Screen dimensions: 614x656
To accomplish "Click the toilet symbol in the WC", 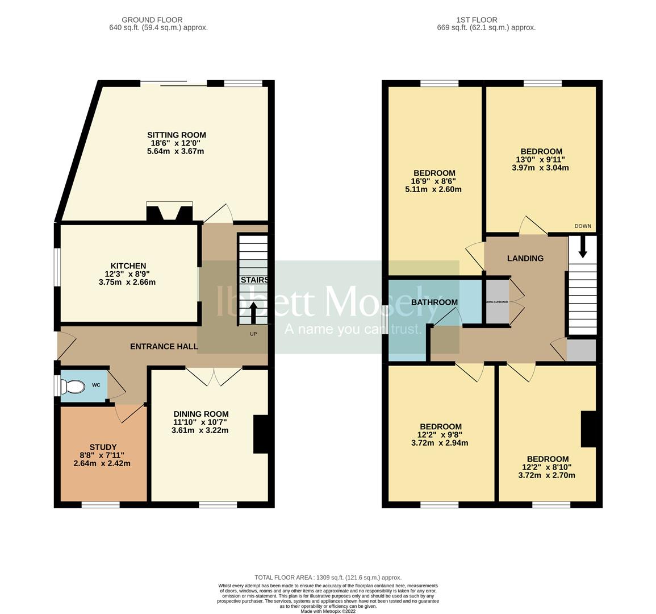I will [x=73, y=387].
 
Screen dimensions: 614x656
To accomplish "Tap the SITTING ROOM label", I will [x=176, y=135].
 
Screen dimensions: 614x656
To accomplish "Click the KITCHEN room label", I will [x=128, y=265].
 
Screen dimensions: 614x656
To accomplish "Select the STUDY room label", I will [x=103, y=447].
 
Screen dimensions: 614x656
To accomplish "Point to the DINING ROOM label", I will [x=201, y=414].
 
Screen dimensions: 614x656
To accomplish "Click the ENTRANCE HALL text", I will [x=164, y=346].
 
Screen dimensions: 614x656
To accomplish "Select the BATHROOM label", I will [x=434, y=302].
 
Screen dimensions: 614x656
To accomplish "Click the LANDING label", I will [x=525, y=258].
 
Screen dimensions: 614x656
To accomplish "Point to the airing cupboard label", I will [x=497, y=302].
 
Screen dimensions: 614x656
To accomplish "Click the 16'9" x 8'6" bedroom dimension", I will [x=433, y=181].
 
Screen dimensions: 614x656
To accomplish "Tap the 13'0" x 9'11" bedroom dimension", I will [x=541, y=159].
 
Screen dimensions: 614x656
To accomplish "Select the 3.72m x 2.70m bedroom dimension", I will [x=547, y=475].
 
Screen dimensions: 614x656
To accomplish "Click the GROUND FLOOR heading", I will [x=152, y=20].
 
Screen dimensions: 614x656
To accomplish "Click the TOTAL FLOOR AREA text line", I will [x=328, y=577].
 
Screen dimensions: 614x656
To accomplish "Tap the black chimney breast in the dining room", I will [x=261, y=434].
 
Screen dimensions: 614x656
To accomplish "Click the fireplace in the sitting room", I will [x=169, y=213].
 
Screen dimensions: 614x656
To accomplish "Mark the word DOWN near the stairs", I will [x=582, y=226].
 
